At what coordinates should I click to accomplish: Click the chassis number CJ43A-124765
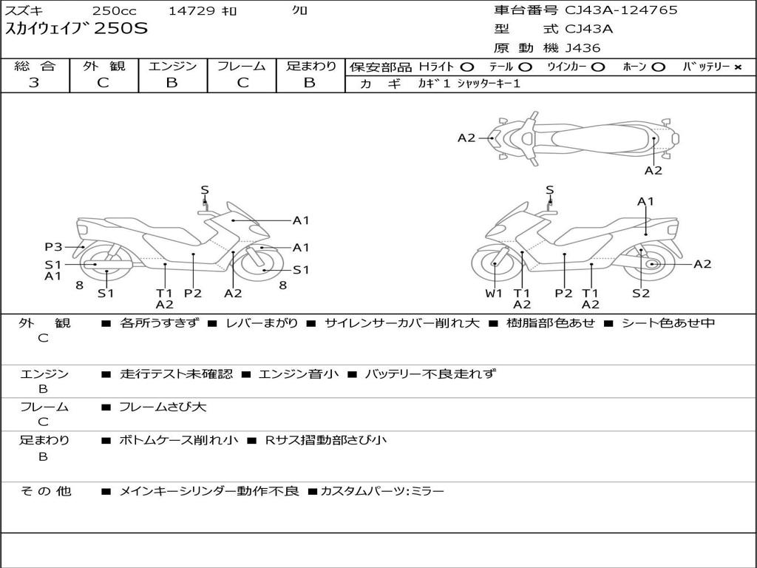click(621, 10)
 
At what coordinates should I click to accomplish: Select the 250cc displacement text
click(112, 11)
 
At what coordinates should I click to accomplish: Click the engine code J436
click(583, 48)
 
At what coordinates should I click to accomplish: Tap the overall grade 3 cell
click(34, 83)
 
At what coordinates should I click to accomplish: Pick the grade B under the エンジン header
click(172, 83)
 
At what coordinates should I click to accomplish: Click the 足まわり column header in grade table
click(310, 67)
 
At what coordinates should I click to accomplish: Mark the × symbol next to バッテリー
click(737, 67)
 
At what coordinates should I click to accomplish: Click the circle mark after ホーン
click(658, 67)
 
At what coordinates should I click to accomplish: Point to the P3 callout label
click(52, 247)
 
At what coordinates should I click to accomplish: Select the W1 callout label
click(494, 293)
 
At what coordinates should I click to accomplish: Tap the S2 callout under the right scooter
click(640, 293)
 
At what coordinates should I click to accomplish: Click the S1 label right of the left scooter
click(301, 270)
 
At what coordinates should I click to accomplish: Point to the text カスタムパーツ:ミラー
click(382, 491)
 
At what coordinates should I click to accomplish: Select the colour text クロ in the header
click(300, 11)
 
